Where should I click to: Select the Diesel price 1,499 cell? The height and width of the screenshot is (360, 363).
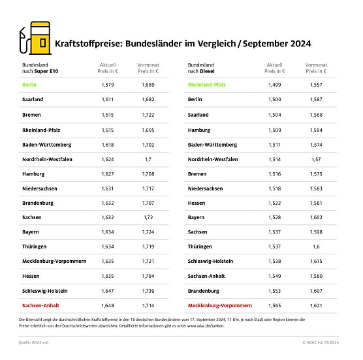coord(275,84)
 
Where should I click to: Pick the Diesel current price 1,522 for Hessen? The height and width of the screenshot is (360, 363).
coord(275,202)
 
